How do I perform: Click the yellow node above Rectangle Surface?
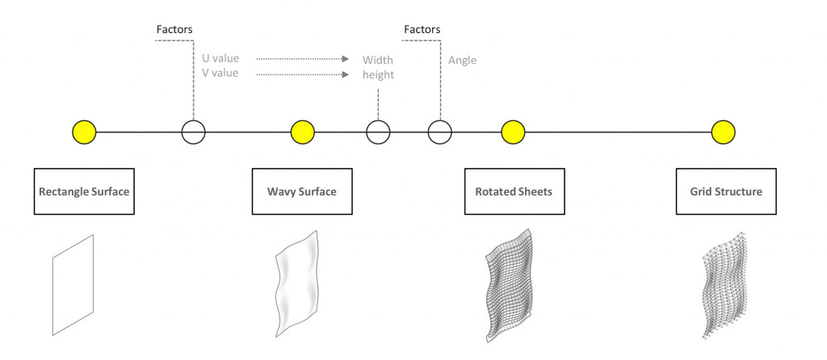coord(84,131)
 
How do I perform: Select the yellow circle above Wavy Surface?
coord(302,131)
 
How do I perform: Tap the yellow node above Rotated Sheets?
coord(514,131)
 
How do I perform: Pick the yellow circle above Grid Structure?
coord(724,131)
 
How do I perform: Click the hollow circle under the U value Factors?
coord(193,131)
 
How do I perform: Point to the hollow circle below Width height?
coord(378,131)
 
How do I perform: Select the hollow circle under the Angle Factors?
coord(440,131)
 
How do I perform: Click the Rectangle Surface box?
coord(84,191)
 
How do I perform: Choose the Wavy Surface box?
coord(302,191)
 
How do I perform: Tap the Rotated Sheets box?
coord(514,191)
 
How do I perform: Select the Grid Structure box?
coord(726,191)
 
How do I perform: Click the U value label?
coord(220,59)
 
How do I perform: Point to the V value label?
coord(220,73)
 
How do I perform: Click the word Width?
coord(377,60)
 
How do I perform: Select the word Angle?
coord(462,60)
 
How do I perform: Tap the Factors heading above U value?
coord(174,30)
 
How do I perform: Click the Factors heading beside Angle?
coord(422,30)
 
